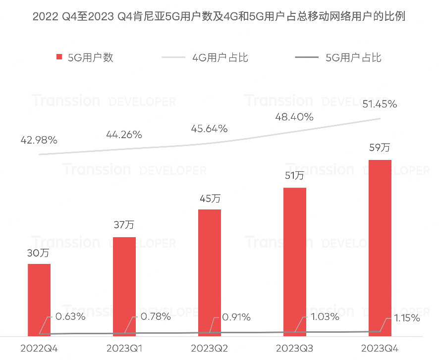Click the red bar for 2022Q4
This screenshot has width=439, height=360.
coord(39,299)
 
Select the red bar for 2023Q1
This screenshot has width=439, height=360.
coord(124,286)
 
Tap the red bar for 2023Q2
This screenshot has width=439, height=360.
coord(210,272)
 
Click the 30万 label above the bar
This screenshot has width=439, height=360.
coord(38,253)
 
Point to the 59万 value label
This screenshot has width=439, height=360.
coord(380,148)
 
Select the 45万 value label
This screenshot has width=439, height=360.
coord(210,199)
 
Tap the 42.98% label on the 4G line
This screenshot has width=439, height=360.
coord(39,140)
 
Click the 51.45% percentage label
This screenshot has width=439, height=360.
coord(380,104)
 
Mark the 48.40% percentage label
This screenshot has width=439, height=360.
coord(295,117)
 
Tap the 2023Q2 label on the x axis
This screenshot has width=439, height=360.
coord(210,349)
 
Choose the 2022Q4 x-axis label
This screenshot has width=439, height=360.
coord(39,349)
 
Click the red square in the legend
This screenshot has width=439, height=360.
coord(60,57)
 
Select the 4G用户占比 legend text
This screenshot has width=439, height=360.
coord(220,57)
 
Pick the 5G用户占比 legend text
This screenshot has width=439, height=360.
coord(353,57)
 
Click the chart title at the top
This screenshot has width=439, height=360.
coord(219,17)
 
